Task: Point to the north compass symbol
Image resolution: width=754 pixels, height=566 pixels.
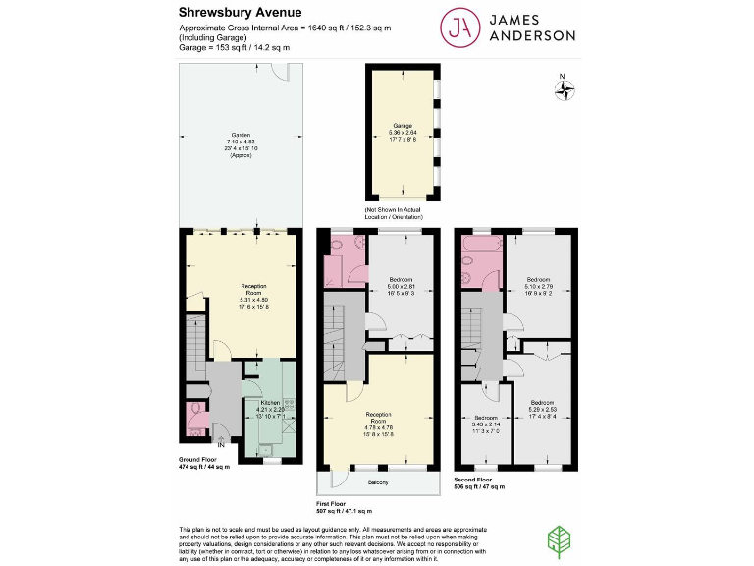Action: coord(565,90)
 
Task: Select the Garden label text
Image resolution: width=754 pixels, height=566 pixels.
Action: coord(241,135)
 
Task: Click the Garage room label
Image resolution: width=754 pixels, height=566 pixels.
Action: coord(403,127)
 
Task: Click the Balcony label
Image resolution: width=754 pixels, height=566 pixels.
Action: coord(378,482)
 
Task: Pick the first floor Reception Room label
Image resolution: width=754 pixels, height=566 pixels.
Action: coord(380,414)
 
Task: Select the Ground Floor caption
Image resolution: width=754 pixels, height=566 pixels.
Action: coord(197,459)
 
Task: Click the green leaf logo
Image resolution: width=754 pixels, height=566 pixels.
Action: coord(559,539)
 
